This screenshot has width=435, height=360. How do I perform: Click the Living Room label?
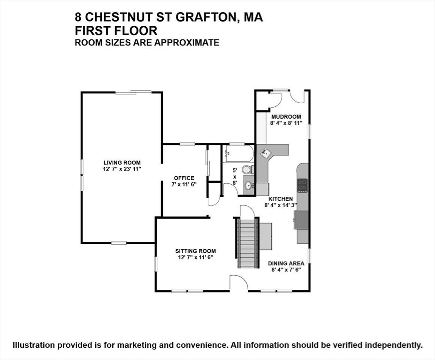pos(122,163)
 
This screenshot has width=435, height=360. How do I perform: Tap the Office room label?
pos(184,178)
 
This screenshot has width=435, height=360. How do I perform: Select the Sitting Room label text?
pos(196,251)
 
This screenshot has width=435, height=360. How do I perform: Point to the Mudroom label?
pos(286,117)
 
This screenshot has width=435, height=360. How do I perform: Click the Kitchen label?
pos(281,199)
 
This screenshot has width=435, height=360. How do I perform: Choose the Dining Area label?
pos(286,263)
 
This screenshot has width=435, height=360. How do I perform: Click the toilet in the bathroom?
pos(248,169)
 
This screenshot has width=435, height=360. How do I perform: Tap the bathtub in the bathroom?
pos(238,153)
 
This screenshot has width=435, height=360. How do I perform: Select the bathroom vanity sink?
pos(249,185)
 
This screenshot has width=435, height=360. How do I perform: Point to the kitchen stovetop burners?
pos(302,186)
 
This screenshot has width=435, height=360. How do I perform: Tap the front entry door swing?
pos(239,283)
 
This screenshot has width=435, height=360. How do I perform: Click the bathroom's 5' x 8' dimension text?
pos(235,177)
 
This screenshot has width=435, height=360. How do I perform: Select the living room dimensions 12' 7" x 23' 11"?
pos(122,169)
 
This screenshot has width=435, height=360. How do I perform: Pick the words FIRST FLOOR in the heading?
pos(116,30)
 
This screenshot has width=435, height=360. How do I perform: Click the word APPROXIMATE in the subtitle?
pos(187,43)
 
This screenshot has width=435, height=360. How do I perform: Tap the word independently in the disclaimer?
pos(393,345)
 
